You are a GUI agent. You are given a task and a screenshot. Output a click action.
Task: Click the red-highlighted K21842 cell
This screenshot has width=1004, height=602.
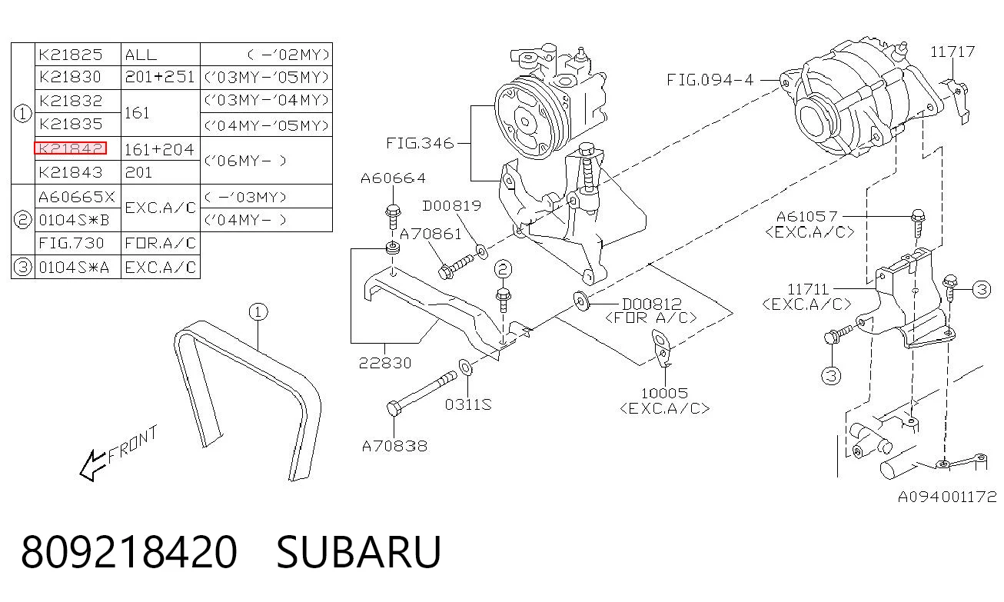click(71, 148)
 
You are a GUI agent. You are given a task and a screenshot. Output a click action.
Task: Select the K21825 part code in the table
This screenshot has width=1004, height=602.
click(71, 55)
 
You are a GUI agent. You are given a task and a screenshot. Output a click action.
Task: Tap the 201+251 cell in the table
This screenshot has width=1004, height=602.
click(160, 77)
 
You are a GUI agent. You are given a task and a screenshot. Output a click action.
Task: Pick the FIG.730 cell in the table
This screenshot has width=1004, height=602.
click(71, 244)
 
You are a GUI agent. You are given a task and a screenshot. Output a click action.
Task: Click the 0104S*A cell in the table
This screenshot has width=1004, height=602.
click(74, 268)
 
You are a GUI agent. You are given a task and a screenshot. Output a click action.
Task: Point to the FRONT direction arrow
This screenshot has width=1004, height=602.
click(92, 465)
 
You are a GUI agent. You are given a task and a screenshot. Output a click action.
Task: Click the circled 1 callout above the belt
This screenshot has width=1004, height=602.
click(258, 312)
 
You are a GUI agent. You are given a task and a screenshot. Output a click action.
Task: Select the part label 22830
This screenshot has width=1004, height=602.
click(385, 363)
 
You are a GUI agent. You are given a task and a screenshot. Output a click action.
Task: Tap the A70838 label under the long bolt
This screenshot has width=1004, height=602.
click(394, 446)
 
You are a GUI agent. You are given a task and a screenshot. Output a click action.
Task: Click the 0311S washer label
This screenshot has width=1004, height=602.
click(468, 404)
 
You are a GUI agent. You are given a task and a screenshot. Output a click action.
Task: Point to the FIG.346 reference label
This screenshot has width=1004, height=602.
click(420, 144)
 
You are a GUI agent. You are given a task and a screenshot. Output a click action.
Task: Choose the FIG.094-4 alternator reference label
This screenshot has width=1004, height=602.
click(710, 80)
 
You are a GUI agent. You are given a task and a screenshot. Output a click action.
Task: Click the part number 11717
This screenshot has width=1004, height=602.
click(952, 52)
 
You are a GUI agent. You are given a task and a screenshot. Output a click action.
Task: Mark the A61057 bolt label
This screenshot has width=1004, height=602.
click(806, 217)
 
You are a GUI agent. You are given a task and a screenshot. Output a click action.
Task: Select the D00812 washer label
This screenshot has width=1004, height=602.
click(652, 304)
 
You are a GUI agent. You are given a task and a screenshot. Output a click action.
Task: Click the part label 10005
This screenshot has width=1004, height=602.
click(664, 394)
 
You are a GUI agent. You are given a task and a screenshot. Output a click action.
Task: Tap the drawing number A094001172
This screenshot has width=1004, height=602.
click(947, 497)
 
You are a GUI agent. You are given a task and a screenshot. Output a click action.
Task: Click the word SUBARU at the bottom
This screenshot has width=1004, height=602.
click(359, 552)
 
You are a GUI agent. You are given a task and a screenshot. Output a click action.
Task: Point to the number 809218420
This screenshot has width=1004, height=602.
click(129, 552)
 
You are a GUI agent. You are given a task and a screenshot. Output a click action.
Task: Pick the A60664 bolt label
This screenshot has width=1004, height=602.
click(393, 178)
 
